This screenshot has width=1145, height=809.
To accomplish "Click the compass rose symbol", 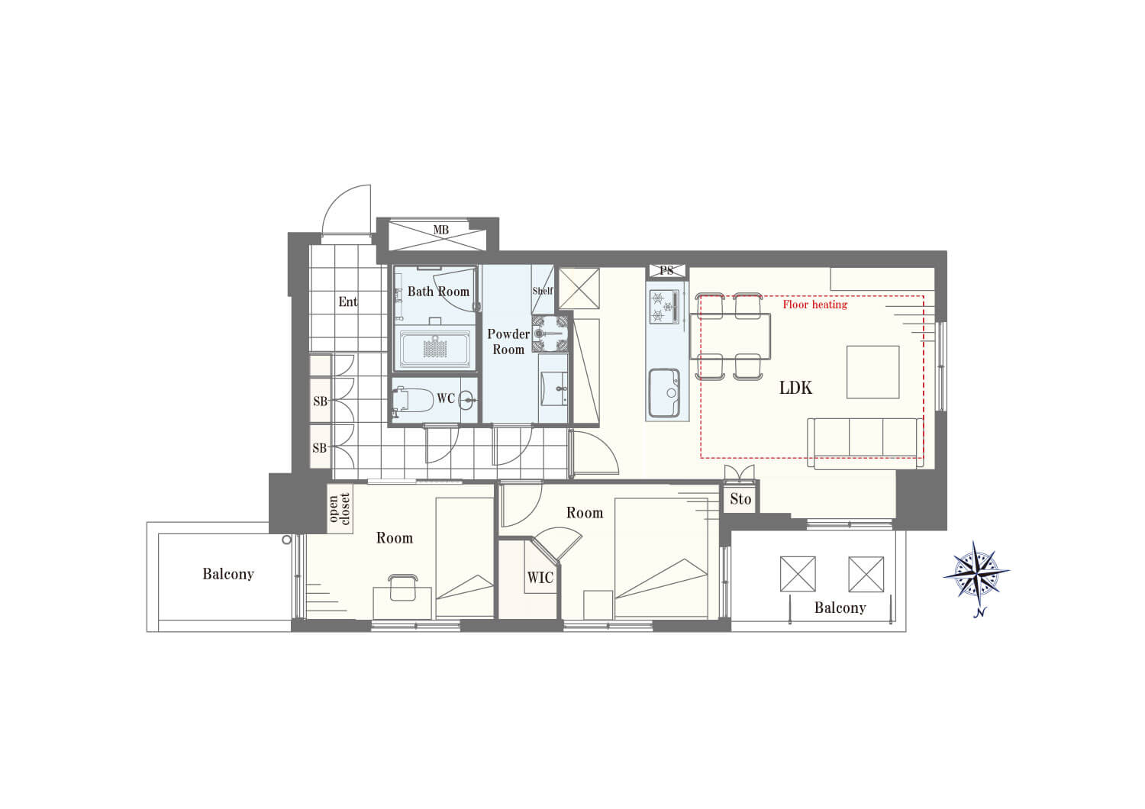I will [976, 571].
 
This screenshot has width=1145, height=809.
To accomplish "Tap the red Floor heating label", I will [814, 305].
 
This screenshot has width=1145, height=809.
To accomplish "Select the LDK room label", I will [795, 388].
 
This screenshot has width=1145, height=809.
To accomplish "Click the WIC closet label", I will [540, 578].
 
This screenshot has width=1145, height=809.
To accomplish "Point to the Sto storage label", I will [740, 500].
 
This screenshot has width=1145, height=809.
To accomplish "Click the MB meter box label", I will [440, 230].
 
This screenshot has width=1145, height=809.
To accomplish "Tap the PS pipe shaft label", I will [666, 271].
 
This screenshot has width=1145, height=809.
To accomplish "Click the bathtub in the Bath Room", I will [435, 349].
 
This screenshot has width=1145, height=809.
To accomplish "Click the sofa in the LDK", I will [866, 443].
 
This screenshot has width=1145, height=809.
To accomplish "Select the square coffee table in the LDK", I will [872, 372].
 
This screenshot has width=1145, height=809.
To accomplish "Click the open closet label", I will [340, 509].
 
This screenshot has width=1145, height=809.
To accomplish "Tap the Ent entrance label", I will [348, 302].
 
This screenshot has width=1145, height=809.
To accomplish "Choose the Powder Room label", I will [508, 341].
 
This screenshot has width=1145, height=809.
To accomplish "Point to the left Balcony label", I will [227, 574].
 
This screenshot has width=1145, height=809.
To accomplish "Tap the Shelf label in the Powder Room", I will [542, 291].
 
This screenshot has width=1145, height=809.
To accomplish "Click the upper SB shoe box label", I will [320, 401].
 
